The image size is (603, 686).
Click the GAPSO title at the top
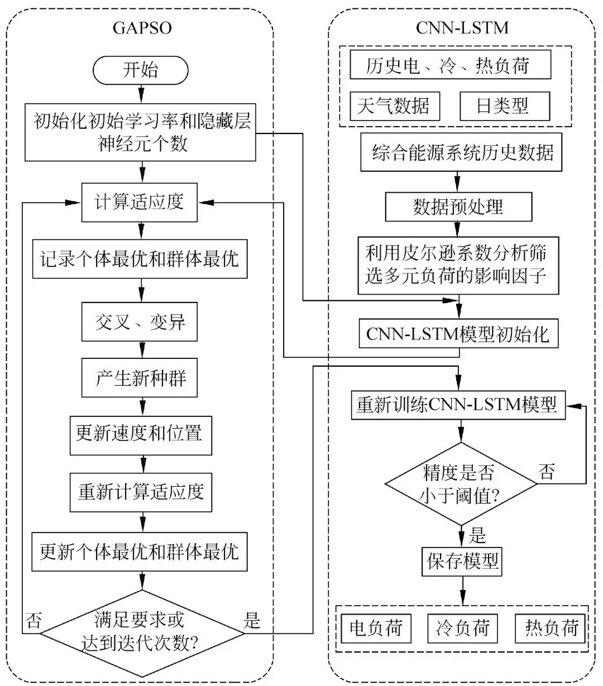[142, 27]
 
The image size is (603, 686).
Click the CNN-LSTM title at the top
[462, 27]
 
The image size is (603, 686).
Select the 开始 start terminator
[140, 70]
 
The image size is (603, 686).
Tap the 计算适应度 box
[140, 202]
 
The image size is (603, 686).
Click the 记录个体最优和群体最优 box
[140, 259]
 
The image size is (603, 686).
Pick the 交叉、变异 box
[140, 322]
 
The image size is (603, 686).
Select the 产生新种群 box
[140, 378]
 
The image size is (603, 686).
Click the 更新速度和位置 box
[141, 434]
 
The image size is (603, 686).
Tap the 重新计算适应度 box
[141, 492]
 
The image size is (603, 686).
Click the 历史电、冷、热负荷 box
[450, 65]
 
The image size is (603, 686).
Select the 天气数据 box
[394, 105]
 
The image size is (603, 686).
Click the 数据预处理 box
[458, 207]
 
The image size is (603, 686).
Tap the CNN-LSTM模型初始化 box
[458, 334]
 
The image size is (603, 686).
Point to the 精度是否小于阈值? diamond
[461, 483]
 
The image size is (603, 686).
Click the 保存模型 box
[462, 560]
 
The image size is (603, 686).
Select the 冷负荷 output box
[462, 628]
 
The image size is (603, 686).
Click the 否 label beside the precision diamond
[547, 472]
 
